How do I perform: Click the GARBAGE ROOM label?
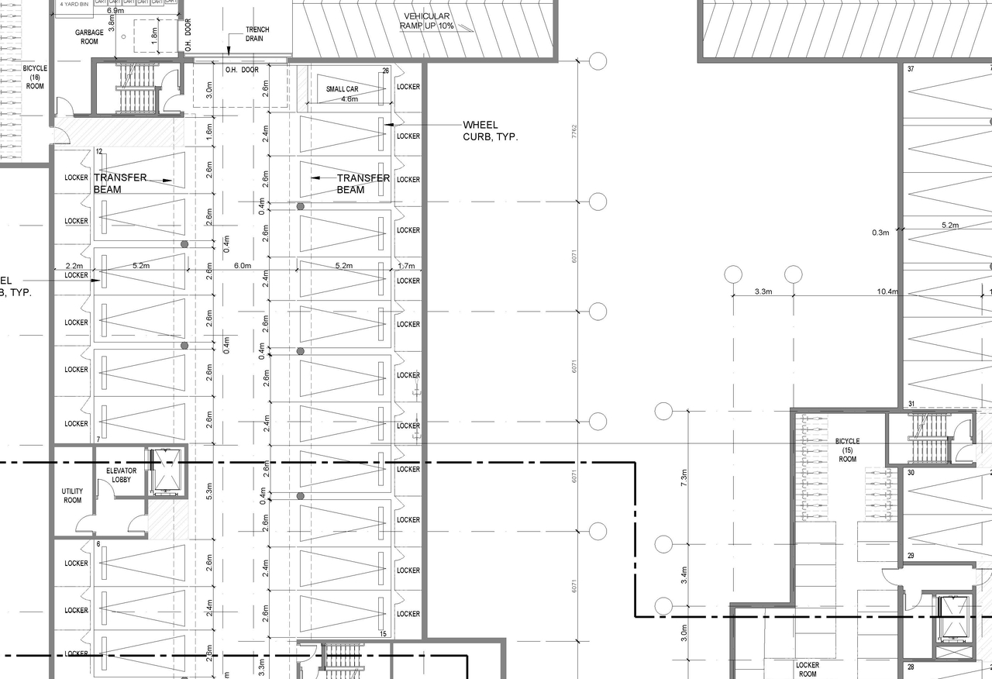89,37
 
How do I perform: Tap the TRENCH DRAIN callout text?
257,34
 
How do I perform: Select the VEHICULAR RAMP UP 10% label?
426,22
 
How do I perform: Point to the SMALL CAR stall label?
342,90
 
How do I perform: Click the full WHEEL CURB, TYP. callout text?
490,130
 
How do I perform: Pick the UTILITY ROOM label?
72,496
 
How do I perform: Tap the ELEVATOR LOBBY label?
121,475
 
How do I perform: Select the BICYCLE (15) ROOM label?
847,450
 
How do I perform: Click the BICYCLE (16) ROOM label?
35,78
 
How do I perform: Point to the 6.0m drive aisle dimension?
243,266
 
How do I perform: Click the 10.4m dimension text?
887,292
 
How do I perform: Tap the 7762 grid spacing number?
573,132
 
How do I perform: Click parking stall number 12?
99,152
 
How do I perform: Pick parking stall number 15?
383,634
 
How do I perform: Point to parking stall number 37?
911,70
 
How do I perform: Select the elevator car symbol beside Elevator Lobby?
166,471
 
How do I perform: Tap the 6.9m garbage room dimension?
115,11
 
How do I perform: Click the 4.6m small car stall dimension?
350,99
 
